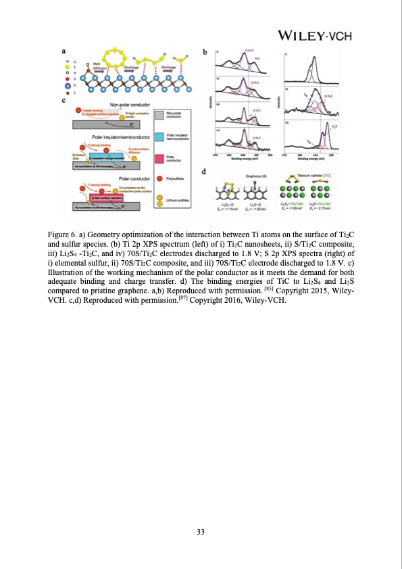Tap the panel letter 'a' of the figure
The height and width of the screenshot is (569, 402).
click(64, 50)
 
